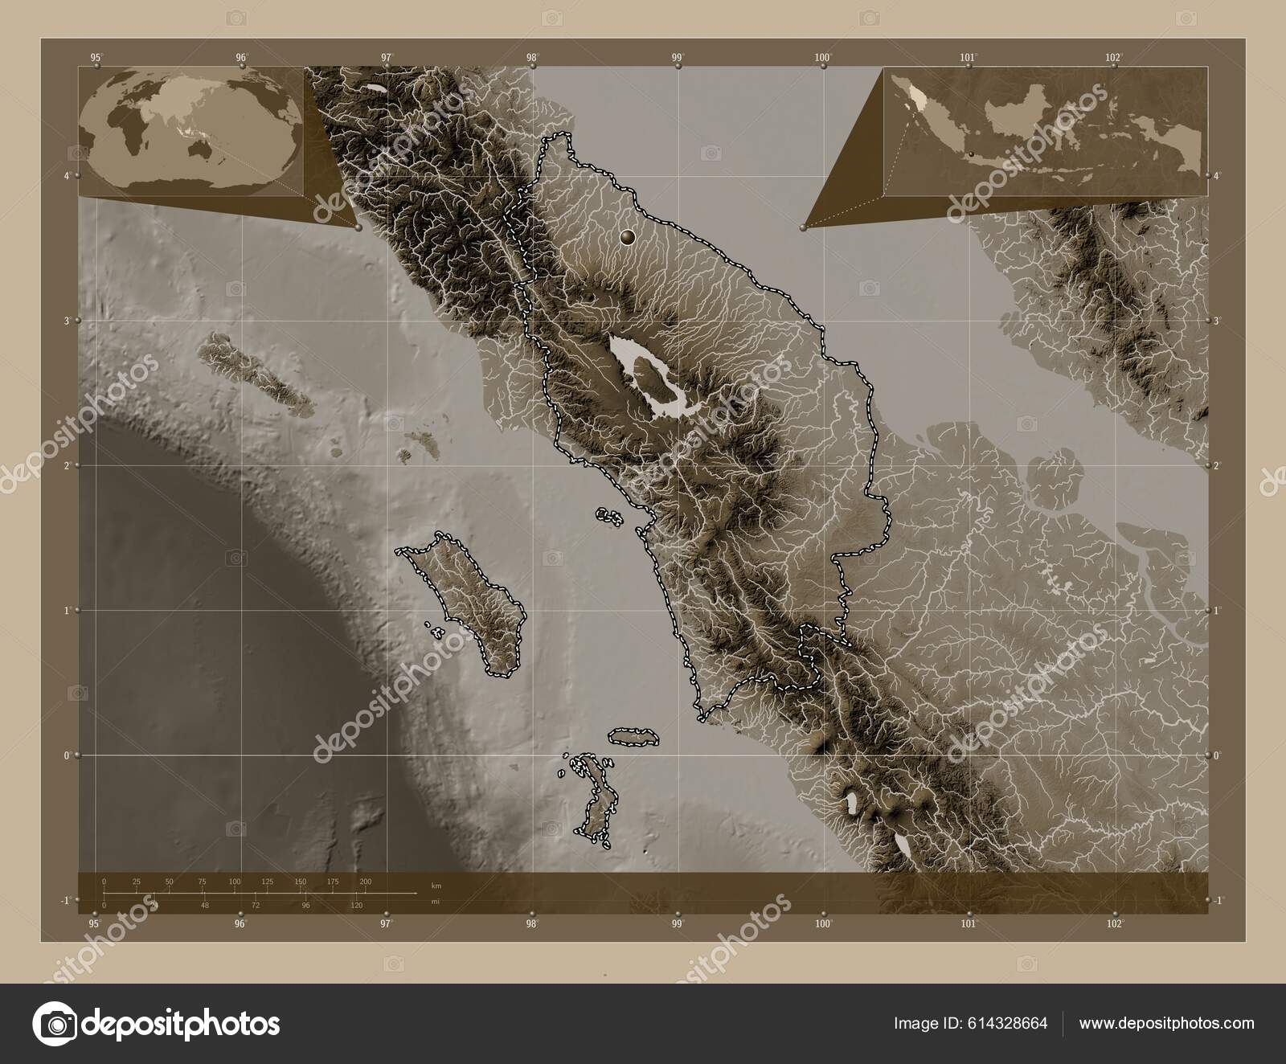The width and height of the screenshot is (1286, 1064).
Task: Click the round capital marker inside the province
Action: coord(628,236)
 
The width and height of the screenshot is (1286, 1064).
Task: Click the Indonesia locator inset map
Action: coord(1045,131)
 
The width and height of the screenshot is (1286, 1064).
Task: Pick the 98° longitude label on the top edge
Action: coord(532,57)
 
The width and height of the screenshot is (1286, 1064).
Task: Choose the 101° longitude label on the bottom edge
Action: coord(969,923)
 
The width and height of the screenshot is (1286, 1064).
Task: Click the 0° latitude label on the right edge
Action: coord(1218,755)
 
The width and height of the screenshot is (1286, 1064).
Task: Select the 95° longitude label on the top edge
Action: coord(96,57)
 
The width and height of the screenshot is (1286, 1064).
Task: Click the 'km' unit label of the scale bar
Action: coord(436,885)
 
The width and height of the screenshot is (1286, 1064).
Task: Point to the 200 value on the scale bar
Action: coord(366,882)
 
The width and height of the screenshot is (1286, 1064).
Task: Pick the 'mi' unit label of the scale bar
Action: coord(435,902)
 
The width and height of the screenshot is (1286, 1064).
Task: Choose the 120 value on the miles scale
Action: coord(357,906)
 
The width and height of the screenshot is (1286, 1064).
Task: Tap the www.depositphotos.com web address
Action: coord(1166,1024)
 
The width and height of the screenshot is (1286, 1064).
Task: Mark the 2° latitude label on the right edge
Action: coord(1218,465)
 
